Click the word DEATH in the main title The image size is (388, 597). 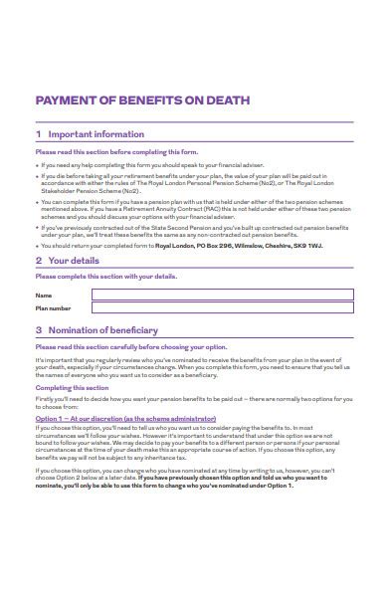[x=228, y=99]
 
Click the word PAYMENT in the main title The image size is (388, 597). [x=67, y=99]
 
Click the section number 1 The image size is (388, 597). [x=38, y=134]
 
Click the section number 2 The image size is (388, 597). [x=38, y=261]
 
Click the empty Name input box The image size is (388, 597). [x=222, y=295]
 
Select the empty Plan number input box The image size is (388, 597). [x=222, y=308]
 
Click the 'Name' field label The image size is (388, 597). [x=43, y=296]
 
